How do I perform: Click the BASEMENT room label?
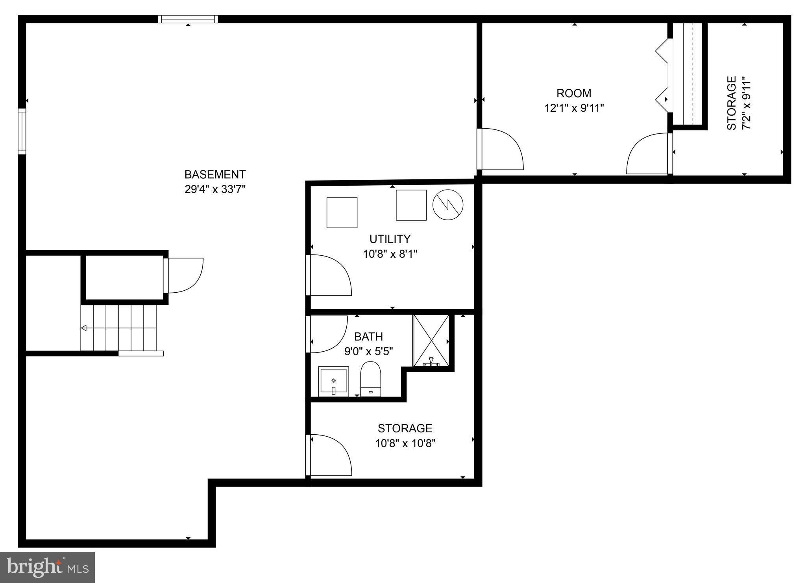pyautogui.click(x=215, y=174)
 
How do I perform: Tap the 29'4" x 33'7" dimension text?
pyautogui.click(x=215, y=189)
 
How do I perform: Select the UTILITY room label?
pyautogui.click(x=390, y=239)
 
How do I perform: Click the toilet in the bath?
pyautogui.click(x=371, y=379)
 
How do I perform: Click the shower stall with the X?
pyautogui.click(x=431, y=341)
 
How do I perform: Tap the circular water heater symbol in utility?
pyautogui.click(x=448, y=205)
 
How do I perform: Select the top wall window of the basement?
pyautogui.click(x=188, y=19)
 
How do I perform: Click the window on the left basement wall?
pyautogui.click(x=22, y=131)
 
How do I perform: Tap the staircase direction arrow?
pyautogui.click(x=84, y=328)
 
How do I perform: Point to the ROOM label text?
pyautogui.click(x=573, y=93)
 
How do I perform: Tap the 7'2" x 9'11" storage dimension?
pyautogui.click(x=746, y=103)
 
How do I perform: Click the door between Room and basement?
pyautogui.click(x=501, y=149)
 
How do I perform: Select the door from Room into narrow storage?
pyautogui.click(x=649, y=154)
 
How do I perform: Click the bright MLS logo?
pyautogui.click(x=48, y=567)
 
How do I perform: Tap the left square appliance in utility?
pyautogui.click(x=342, y=213)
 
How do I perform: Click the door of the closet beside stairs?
pyautogui.click(x=184, y=275)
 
